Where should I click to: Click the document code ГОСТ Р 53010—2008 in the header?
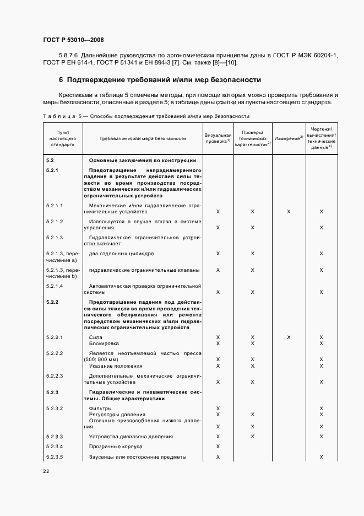click(73, 40)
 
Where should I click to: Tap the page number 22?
click(46, 471)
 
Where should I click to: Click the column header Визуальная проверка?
click(218, 138)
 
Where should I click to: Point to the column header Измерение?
click(288, 138)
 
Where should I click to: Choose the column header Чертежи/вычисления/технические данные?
click(321, 138)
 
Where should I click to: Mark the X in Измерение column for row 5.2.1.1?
click(288, 212)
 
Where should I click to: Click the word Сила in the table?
click(95, 337)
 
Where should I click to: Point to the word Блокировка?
click(104, 343)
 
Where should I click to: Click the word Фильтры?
click(100, 408)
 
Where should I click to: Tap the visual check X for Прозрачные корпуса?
click(218, 447)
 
